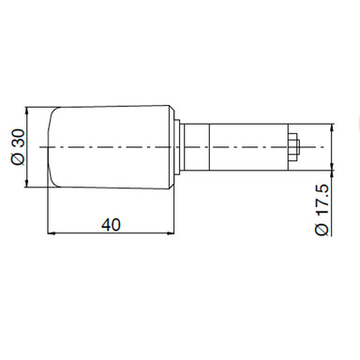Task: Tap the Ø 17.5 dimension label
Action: tap(321, 209)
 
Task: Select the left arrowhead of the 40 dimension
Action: tap(52, 232)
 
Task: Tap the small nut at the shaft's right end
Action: tap(293, 148)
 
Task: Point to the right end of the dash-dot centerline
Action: tap(330, 148)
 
